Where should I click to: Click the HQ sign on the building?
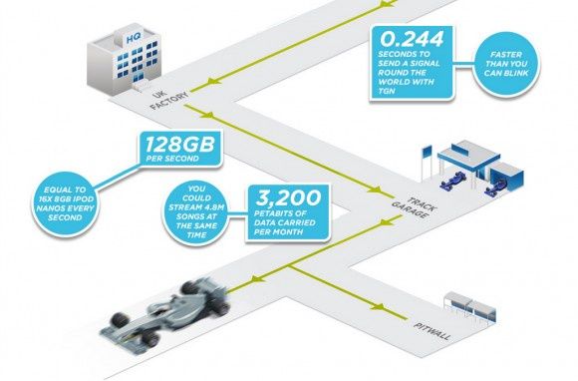tap(133, 39)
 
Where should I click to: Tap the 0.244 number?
tap(411, 38)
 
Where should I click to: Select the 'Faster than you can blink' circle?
tap(506, 64)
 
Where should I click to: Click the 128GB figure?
tap(179, 145)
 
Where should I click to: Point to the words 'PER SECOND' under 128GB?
tap(172, 159)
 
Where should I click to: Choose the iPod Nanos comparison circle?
tap(65, 203)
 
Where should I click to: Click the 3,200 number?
tap(288, 198)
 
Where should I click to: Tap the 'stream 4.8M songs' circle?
tap(196, 211)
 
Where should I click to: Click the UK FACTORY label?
tap(168, 98)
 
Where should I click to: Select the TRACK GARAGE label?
tap(414, 207)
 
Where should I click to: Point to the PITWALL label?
tap(433, 331)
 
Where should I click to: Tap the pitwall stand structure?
tap(470, 309)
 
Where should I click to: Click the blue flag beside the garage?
tap(427, 153)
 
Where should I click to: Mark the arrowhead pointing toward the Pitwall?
tap(377, 306)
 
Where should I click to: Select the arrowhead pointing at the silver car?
tap(258, 279)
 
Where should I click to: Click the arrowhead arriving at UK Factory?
tap(214, 81)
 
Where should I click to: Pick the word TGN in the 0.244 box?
tap(387, 91)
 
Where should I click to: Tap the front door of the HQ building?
tap(139, 79)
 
